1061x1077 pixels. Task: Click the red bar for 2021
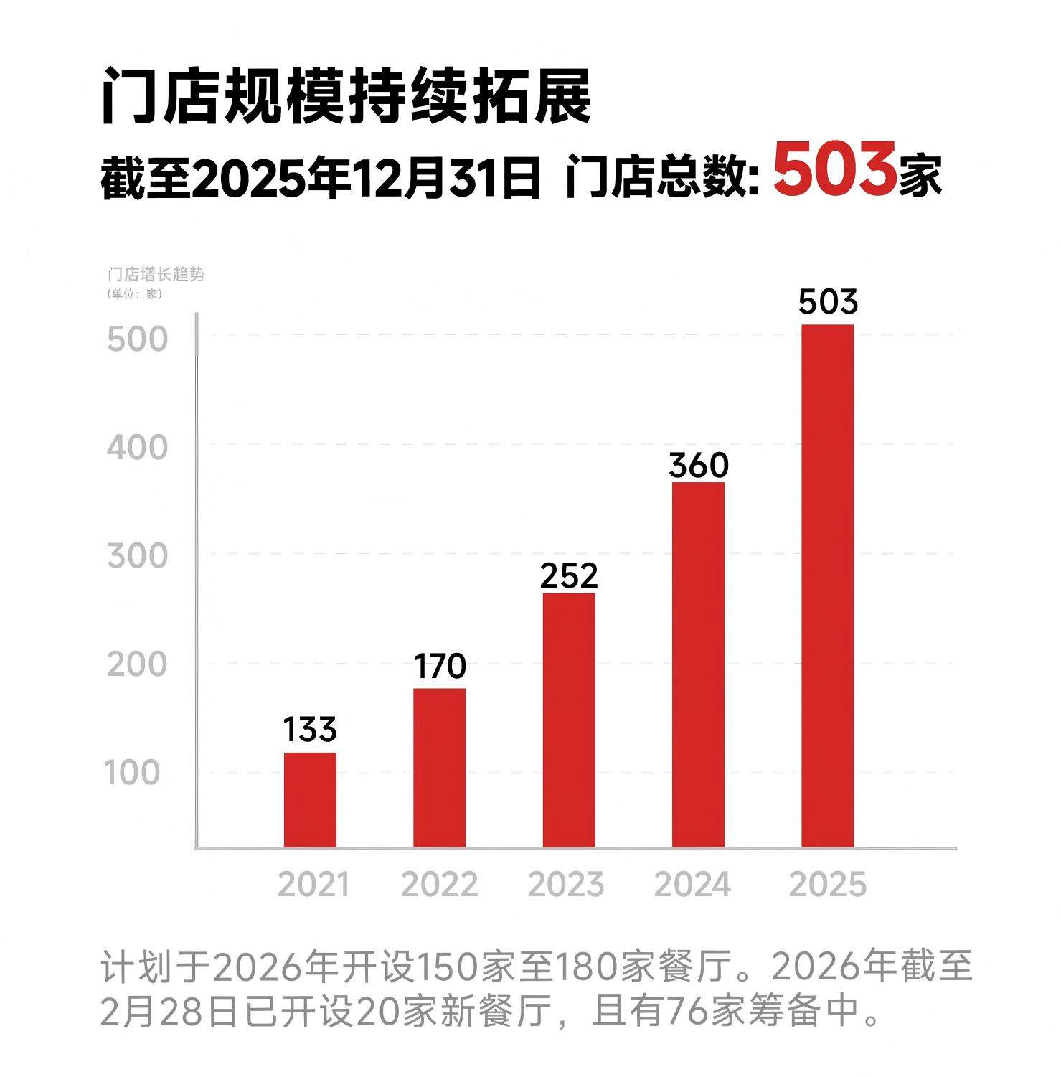tap(310, 799)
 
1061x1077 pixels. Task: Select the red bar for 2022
tap(439, 768)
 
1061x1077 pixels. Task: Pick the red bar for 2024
tap(698, 664)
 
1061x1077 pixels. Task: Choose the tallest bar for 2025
tap(828, 585)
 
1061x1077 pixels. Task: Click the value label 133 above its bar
tap(310, 730)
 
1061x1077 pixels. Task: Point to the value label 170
tap(440, 666)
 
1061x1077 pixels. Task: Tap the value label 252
tap(569, 576)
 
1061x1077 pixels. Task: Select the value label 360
tap(699, 466)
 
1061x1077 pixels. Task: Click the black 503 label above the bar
tap(828, 302)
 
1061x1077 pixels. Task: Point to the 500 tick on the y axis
tap(137, 339)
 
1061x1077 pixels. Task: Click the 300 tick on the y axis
tap(137, 556)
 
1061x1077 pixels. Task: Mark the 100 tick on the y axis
tap(133, 773)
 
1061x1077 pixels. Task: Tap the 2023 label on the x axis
tap(566, 885)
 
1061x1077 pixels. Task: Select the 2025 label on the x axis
tap(828, 885)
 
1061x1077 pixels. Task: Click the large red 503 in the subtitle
tap(835, 171)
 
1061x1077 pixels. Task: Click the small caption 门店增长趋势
tap(156, 275)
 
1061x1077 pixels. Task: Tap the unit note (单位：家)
tap(135, 294)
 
